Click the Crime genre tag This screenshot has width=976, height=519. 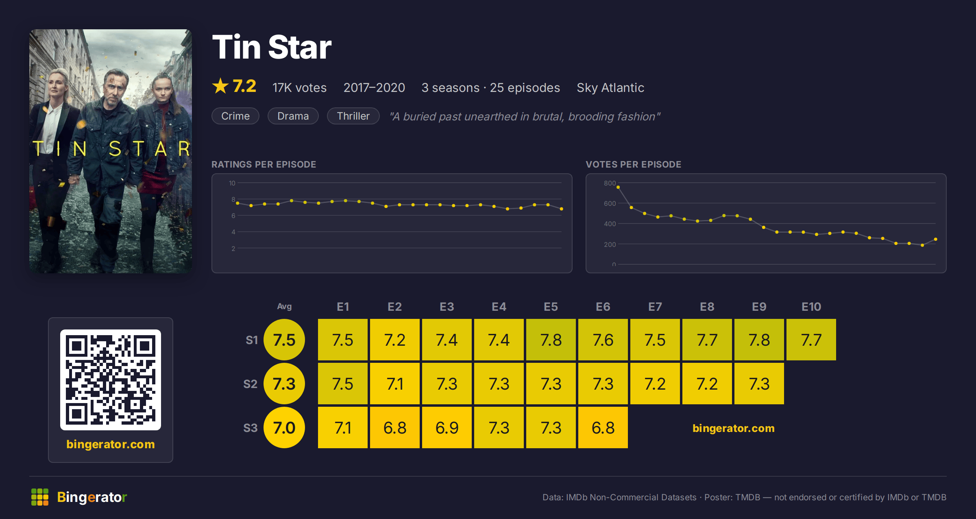tap(235, 116)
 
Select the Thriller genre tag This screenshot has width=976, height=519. tap(353, 116)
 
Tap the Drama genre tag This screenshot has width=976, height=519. tap(293, 116)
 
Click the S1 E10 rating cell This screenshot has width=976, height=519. tap(811, 340)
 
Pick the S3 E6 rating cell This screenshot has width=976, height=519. tap(603, 427)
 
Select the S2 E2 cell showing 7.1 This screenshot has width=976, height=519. tap(395, 384)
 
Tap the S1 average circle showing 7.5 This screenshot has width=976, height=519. tap(284, 340)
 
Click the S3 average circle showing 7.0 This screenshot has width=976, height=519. tap(284, 427)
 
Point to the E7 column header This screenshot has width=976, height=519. tap(655, 307)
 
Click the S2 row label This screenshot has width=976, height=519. tap(251, 384)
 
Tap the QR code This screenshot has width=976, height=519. tap(111, 380)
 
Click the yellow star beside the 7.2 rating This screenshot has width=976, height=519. tap(220, 86)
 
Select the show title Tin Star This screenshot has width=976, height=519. tap(272, 47)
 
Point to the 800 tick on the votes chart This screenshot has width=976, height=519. tap(610, 183)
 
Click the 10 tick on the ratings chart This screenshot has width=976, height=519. tap(232, 183)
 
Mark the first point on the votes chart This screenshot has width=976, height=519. tap(618, 187)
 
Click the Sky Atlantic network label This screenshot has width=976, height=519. tap(610, 87)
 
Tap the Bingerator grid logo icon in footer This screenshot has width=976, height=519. tap(40, 497)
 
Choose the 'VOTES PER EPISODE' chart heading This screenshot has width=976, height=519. tap(633, 164)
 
